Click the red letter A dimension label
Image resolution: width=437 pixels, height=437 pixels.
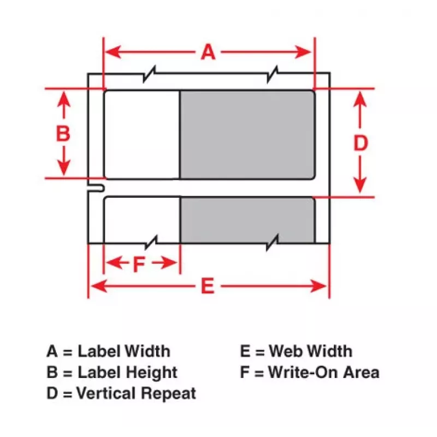(208, 52)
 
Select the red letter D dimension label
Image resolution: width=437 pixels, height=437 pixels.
(361, 143)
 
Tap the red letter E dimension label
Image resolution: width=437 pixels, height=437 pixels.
(208, 286)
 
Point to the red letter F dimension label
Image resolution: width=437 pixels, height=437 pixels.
(139, 264)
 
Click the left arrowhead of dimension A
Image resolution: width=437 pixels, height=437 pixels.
(113, 52)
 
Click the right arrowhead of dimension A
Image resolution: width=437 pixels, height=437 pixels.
(303, 52)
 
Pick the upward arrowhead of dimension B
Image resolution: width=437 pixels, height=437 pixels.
(64, 99)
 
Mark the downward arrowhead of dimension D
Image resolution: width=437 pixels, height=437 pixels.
(360, 185)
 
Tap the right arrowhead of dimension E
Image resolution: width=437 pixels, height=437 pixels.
(318, 286)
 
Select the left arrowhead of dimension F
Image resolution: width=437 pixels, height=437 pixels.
(114, 263)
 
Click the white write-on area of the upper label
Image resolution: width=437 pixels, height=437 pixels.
(142, 134)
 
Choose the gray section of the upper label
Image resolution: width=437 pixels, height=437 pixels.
(247, 134)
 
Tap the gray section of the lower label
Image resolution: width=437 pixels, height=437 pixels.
(247, 220)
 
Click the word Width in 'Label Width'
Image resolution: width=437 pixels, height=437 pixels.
(147, 351)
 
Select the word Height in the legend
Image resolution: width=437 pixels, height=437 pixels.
(152, 373)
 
